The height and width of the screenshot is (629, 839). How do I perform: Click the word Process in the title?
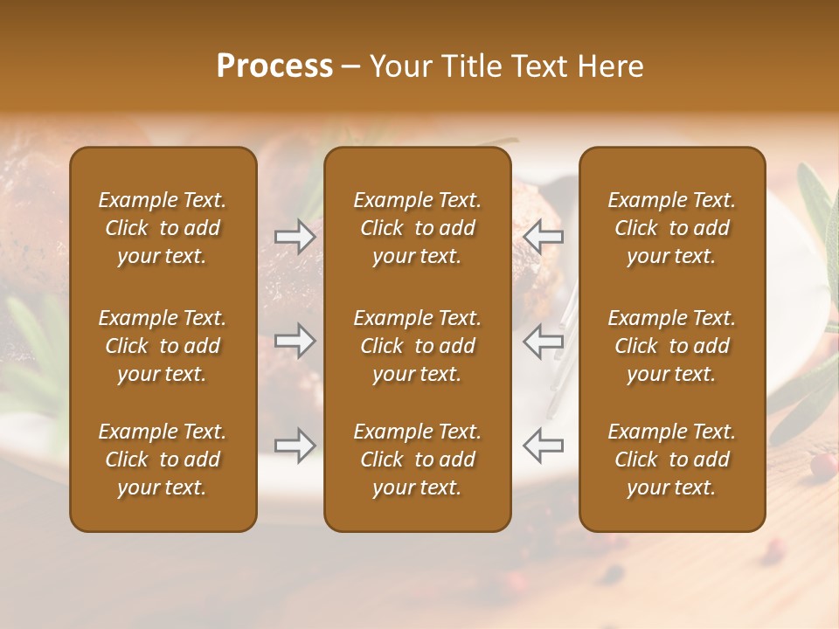(274, 66)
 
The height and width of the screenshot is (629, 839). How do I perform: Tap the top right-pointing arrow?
(295, 236)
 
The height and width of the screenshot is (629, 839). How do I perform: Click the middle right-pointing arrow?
(295, 341)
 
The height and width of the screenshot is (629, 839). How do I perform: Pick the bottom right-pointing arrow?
(295, 445)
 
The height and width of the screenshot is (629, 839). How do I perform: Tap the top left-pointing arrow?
(543, 236)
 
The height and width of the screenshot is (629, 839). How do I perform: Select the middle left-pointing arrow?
(543, 341)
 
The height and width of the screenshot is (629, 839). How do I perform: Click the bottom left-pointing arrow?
(543, 445)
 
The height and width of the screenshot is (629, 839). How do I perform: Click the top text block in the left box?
(163, 228)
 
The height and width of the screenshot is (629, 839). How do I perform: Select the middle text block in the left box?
(163, 346)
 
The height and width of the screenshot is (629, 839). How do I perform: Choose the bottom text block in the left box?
(163, 460)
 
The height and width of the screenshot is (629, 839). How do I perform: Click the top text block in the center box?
(418, 228)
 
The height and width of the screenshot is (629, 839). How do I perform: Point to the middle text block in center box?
(418, 346)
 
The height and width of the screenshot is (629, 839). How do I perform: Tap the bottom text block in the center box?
(418, 460)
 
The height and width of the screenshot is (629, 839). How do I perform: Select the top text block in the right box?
(672, 228)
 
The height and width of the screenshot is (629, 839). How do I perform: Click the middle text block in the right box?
(672, 346)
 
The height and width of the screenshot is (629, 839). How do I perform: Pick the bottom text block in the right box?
(672, 460)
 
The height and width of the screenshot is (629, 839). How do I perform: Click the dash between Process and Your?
(351, 67)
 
